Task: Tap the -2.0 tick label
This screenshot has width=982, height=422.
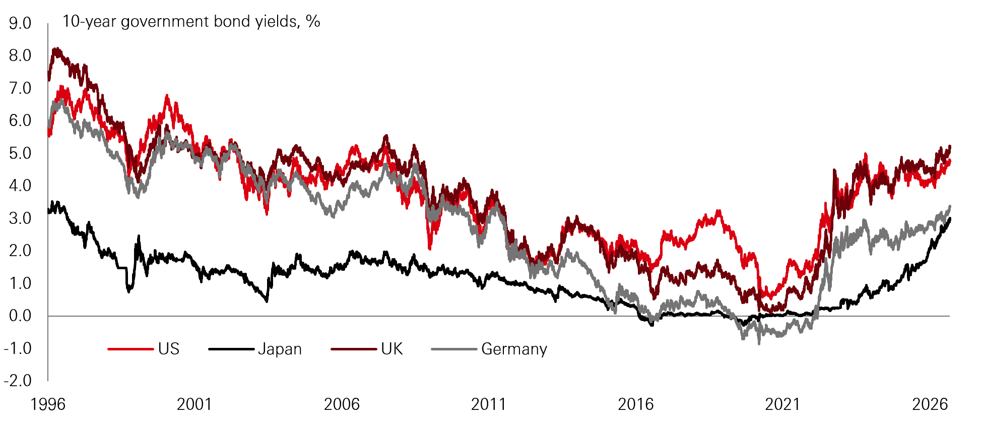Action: pyautogui.click(x=18, y=380)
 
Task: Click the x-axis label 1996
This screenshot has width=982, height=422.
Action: pyautogui.click(x=48, y=404)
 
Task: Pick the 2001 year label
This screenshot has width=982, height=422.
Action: pyautogui.click(x=194, y=404)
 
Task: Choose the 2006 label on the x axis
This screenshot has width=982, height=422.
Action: pyautogui.click(x=342, y=404)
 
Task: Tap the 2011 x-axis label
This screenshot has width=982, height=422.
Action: pyautogui.click(x=488, y=404)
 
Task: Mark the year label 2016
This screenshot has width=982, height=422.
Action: pyautogui.click(x=635, y=404)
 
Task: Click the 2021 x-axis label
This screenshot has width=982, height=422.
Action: pyautogui.click(x=782, y=404)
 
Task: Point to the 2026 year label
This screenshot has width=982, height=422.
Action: pyautogui.click(x=930, y=404)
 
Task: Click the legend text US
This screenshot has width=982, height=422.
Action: pyautogui.click(x=169, y=349)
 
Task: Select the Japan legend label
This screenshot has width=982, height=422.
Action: pyautogui.click(x=280, y=349)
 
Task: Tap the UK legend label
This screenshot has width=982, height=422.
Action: pyautogui.click(x=392, y=349)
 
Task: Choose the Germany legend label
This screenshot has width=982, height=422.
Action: pyautogui.click(x=514, y=349)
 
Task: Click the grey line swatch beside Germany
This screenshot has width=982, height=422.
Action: pyautogui.click(x=454, y=349)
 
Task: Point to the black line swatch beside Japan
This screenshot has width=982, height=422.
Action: pyautogui.click(x=231, y=349)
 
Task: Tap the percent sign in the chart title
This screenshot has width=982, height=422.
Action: pyautogui.click(x=313, y=21)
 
